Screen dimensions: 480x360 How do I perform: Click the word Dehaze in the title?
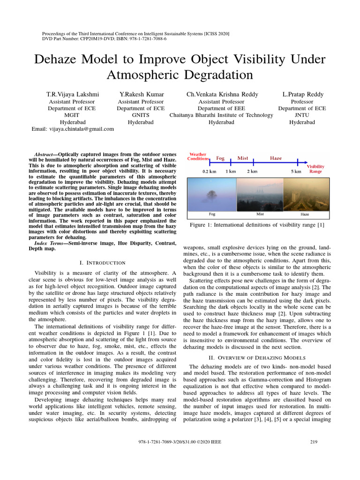pyautogui.click(x=62, y=60)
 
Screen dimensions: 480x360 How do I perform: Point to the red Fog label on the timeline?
pyautogui.click(x=220, y=158)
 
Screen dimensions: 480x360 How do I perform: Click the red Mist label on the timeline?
pyautogui.click(x=243, y=158)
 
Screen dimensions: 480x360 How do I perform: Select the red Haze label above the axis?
pyautogui.click(x=276, y=158)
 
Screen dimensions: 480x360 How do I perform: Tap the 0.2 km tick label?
pyautogui.click(x=209, y=172)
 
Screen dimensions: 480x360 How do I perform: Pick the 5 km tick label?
pyautogui.click(x=296, y=172)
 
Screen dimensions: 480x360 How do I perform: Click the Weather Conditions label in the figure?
pyautogui.click(x=197, y=157)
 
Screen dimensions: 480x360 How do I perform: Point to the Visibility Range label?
pyautogui.click(x=315, y=169)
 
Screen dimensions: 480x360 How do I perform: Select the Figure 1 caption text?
pyautogui.click(x=256, y=225)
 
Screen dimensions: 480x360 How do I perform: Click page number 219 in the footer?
pyautogui.click(x=314, y=442)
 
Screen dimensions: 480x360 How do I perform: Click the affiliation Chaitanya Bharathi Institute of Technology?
pyautogui.click(x=221, y=115)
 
